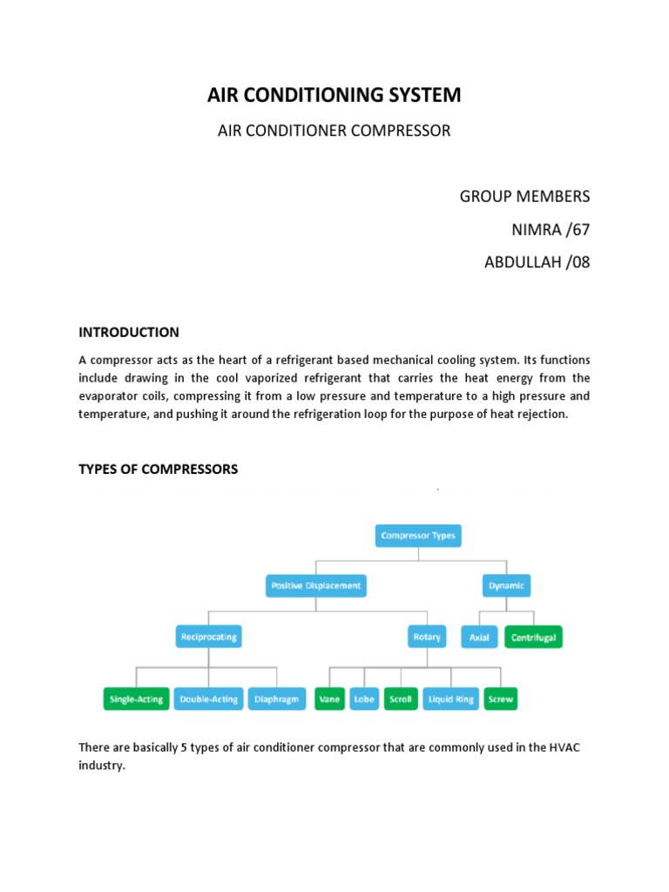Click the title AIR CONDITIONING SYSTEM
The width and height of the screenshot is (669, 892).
pos(334,95)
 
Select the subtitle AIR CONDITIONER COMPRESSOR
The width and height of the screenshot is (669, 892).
pos(334,131)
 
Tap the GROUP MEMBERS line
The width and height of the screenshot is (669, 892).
pos(524,195)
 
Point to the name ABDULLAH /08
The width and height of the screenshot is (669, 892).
pos(537,262)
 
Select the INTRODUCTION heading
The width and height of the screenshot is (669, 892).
pos(129,332)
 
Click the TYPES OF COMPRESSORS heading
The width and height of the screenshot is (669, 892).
pos(158,469)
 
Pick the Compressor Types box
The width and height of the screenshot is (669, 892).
pos(418,536)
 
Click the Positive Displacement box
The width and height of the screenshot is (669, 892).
pos(315,586)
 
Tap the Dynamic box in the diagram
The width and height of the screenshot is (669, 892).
pos(506,586)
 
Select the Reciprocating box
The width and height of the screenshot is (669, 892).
pos(208,637)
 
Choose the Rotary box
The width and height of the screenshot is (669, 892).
pos(426,637)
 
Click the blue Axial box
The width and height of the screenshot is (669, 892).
pos(479,638)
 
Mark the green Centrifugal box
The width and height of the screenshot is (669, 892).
pos(532,638)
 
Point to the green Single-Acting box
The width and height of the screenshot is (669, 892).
pos(135,699)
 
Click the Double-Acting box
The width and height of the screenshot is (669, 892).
pos(208,699)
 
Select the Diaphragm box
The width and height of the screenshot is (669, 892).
pos(277,699)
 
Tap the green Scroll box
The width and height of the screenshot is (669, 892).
pos(401,699)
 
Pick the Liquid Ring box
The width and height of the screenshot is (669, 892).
pos(451,699)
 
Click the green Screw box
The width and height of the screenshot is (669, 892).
pos(501,699)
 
